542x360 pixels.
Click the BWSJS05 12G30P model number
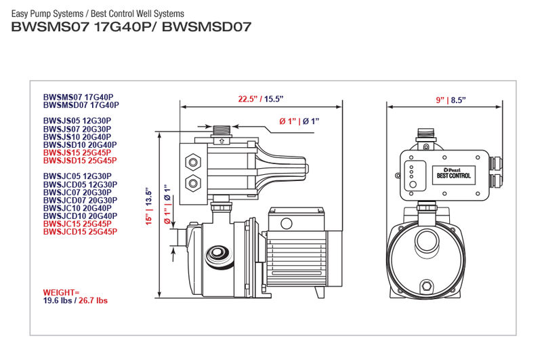pyautogui.click(x=77, y=121)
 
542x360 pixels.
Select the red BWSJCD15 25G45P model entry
pyautogui.click(x=80, y=232)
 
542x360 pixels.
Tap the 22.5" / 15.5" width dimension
pyautogui.click(x=259, y=99)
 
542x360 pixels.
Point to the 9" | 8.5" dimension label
pyautogui.click(x=450, y=100)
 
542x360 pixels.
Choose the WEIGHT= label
pyautogui.click(x=61, y=292)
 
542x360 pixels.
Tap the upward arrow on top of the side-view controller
pyautogui.click(x=220, y=142)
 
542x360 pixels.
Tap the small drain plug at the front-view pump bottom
pyautogui.click(x=425, y=285)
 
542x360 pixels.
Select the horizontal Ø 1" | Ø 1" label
pyautogui.click(x=299, y=121)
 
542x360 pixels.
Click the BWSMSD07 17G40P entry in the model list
pyautogui.click(x=81, y=105)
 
